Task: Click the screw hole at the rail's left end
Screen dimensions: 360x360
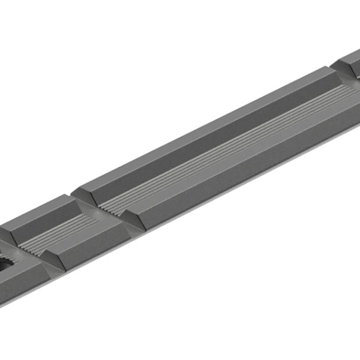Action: (7, 264)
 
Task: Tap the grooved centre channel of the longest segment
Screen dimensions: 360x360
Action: (228, 150)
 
